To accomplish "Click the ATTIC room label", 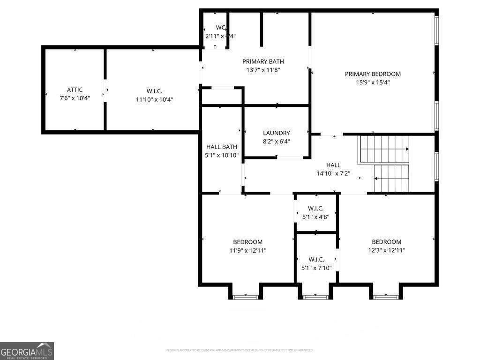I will [x=75, y=90].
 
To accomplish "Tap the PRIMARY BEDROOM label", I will [x=373, y=74].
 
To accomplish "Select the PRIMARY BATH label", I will [x=263, y=61].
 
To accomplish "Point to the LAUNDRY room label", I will [x=276, y=133].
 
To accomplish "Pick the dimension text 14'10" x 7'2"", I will [x=333, y=173].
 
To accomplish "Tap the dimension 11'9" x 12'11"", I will [x=247, y=250].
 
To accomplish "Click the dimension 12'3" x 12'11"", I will [x=386, y=250].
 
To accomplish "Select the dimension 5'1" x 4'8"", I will [x=316, y=217].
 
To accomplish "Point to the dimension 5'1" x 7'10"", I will [x=316, y=268].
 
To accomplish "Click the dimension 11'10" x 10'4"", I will [x=154, y=99].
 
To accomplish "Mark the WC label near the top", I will [x=220, y=28].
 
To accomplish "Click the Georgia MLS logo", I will [x=27, y=351].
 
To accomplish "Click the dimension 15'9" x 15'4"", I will [x=373, y=82].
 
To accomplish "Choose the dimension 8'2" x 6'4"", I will [x=276, y=141].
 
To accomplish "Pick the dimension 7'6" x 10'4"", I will [x=75, y=98].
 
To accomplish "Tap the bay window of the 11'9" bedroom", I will [x=246, y=297].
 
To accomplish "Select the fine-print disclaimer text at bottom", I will [x=240, y=350].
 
